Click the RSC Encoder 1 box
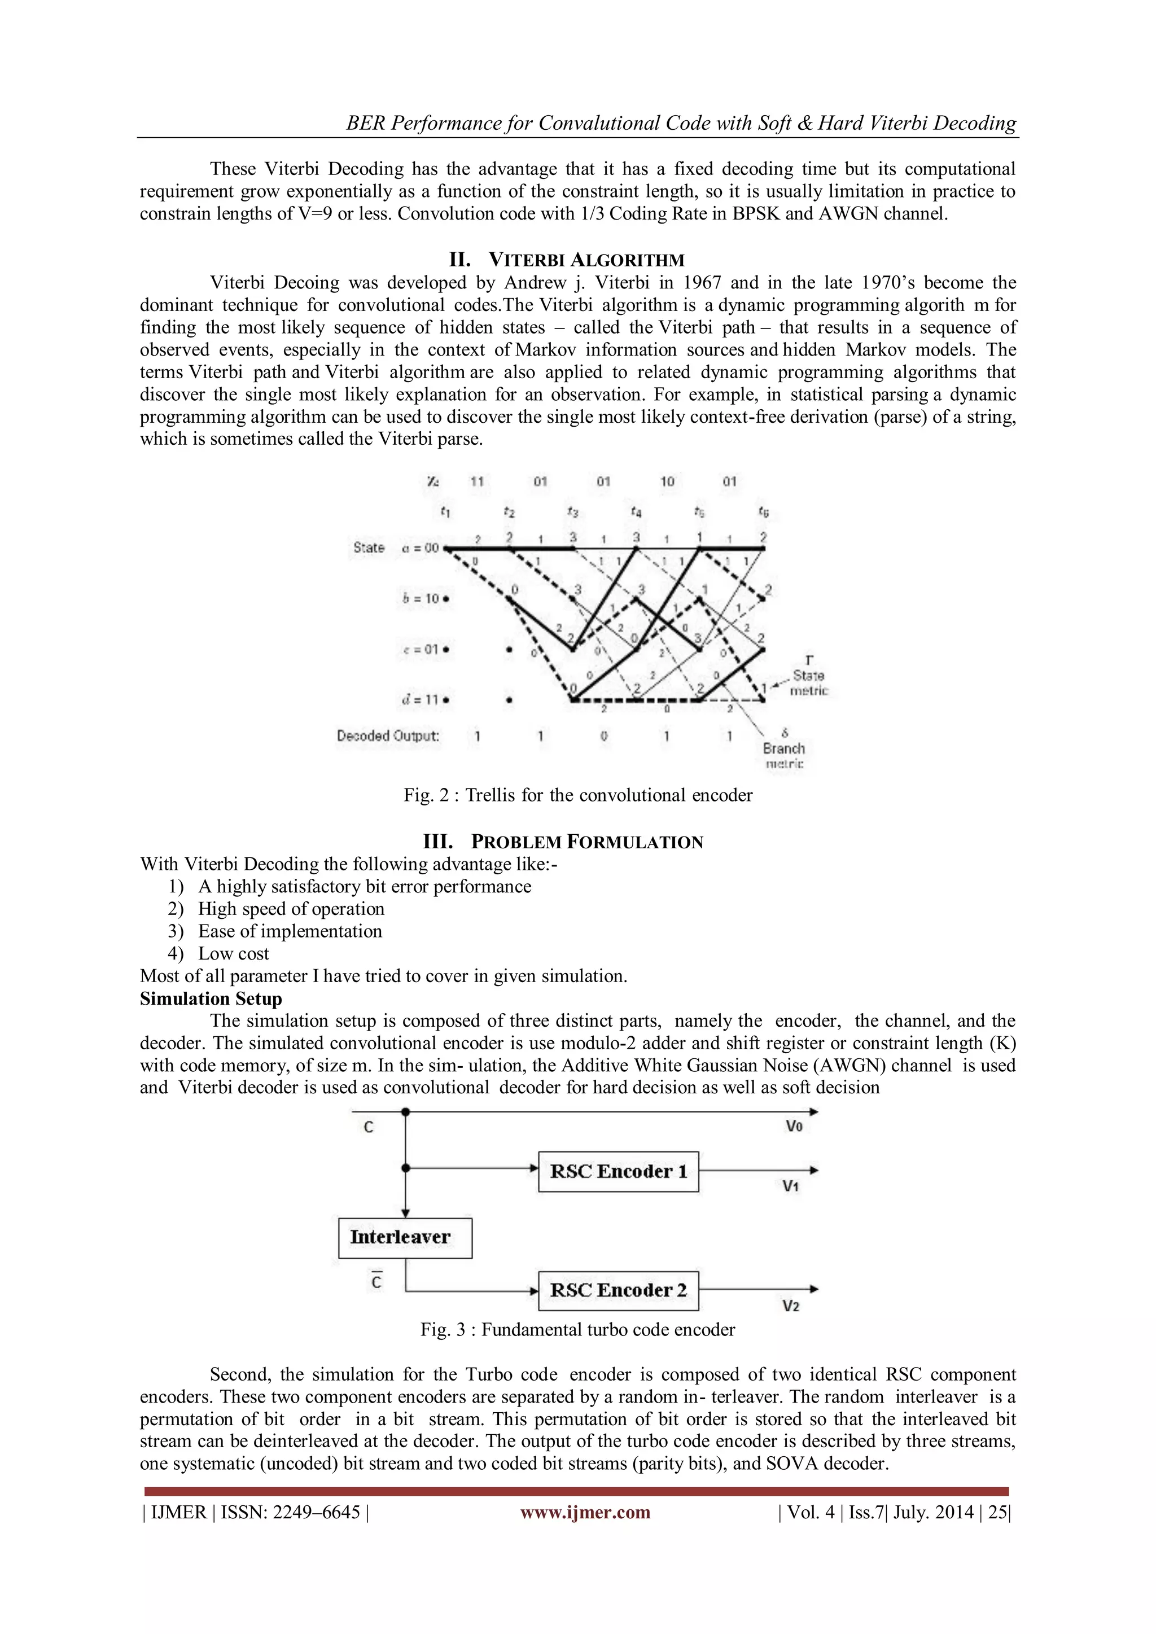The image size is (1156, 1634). point(618,1171)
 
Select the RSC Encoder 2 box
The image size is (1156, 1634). point(618,1290)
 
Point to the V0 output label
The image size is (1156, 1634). point(794,1127)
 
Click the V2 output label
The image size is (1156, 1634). point(791,1306)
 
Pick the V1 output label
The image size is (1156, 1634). point(791,1186)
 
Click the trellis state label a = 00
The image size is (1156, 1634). point(421,548)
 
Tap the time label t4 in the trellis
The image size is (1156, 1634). point(636,511)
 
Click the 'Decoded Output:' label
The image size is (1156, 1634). point(388,736)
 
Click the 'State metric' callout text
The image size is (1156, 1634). point(809,682)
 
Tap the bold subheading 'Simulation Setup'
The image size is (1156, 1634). point(211,998)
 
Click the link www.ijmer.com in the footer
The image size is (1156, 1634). point(585,1512)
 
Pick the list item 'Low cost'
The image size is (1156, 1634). point(234,954)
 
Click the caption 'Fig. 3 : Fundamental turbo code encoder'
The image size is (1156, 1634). point(577,1329)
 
